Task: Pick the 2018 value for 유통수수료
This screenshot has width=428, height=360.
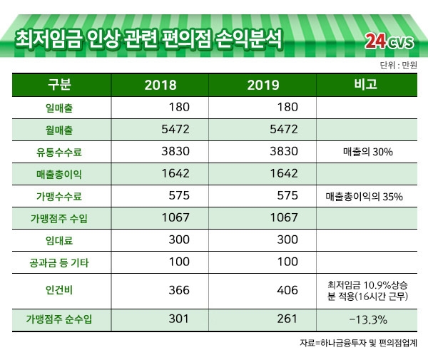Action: coord(175,151)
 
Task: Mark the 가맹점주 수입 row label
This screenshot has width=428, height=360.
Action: coord(59,218)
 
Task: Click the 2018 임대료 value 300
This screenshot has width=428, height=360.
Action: coord(179,240)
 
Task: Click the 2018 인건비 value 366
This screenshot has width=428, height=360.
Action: coord(179,291)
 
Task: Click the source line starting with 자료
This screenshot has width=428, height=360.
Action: coord(360,344)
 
